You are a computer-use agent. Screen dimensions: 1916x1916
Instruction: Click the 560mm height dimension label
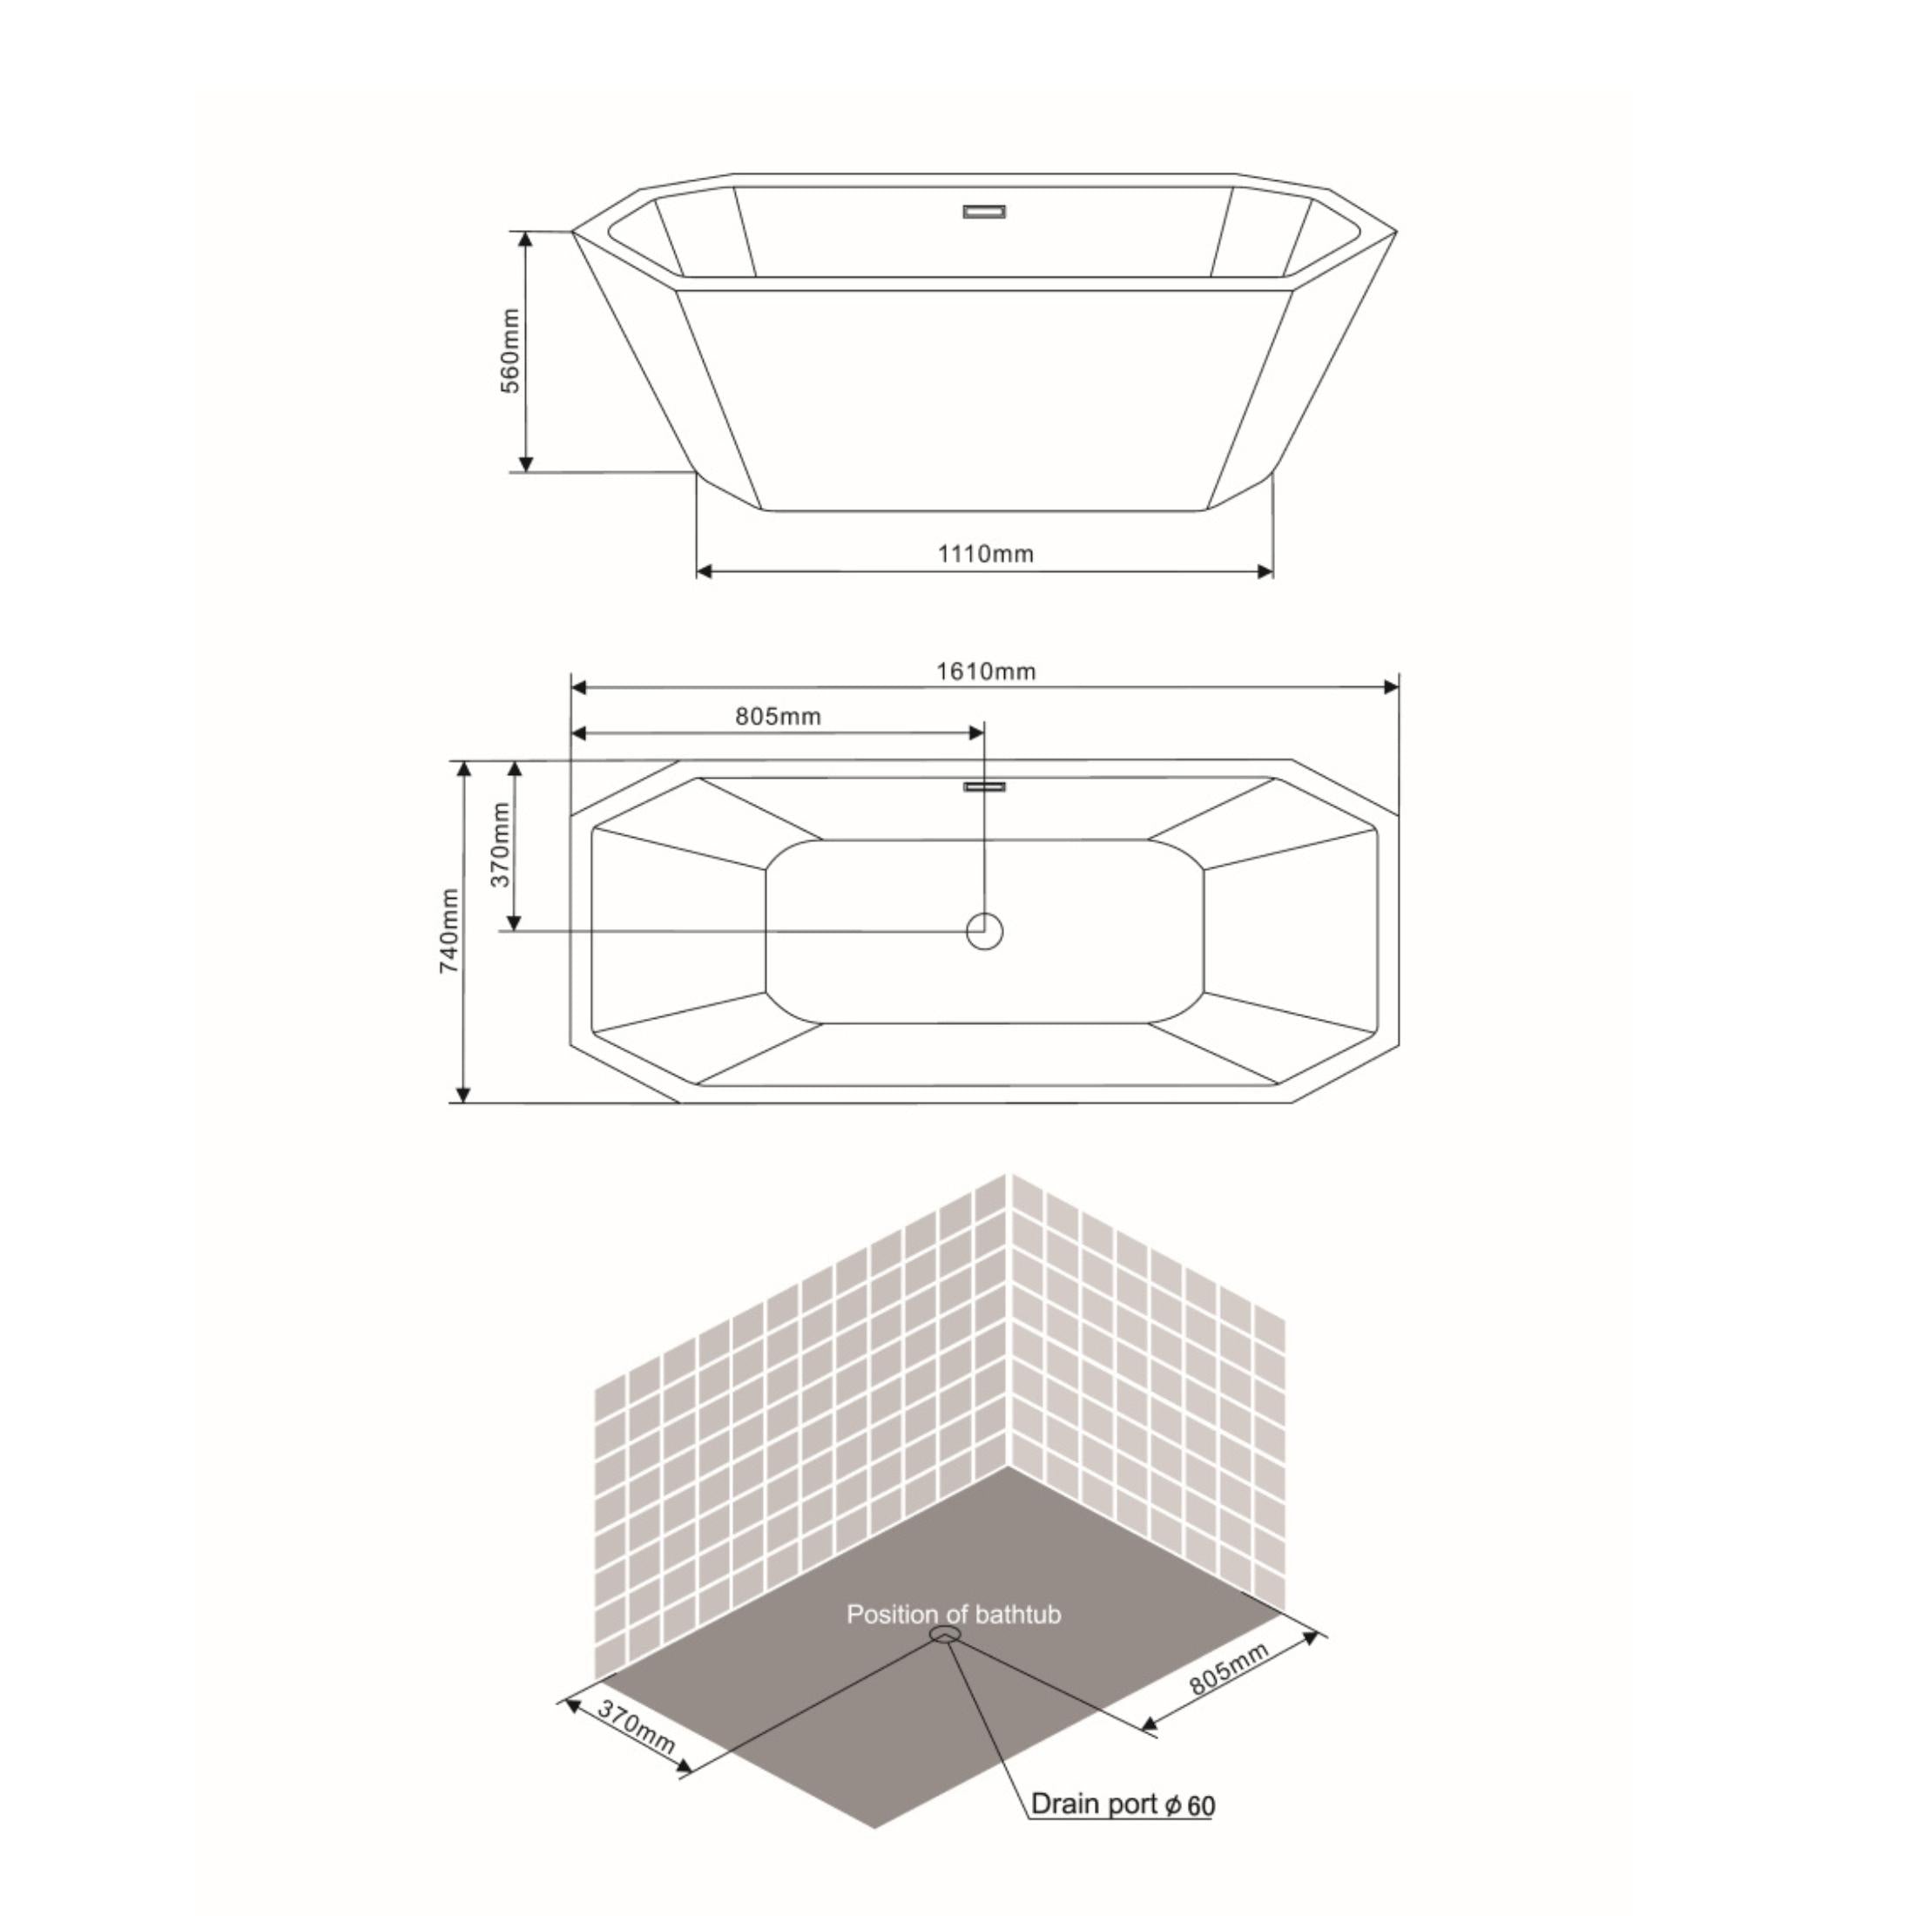pos(509,351)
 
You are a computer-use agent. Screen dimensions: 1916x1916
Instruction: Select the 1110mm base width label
pos(985,553)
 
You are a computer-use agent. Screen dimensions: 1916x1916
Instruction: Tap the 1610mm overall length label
pos(986,671)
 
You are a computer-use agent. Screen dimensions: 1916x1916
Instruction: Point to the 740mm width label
pos(450,931)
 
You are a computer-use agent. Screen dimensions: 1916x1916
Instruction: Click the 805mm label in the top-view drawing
pos(778,716)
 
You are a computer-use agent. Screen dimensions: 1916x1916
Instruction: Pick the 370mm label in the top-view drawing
pos(502,844)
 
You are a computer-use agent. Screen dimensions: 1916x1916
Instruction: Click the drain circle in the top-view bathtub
pos(985,931)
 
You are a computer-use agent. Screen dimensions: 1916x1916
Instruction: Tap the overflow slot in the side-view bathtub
pos(985,212)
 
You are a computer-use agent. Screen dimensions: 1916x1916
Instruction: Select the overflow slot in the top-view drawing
pos(985,786)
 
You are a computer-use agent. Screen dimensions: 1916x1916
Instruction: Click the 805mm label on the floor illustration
pos(1229,1668)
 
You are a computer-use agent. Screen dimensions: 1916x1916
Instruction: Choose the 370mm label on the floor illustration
pos(636,1728)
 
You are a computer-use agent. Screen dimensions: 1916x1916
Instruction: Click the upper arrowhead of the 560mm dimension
pos(527,239)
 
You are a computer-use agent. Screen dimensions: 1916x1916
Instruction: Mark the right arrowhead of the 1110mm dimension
pos(1265,571)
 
